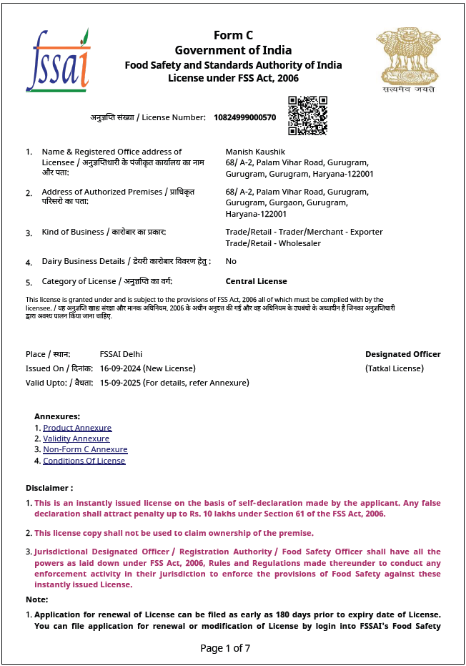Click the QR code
pos(307,115)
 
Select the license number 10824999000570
pos(244,117)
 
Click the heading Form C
pos(233,36)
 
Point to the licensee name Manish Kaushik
pos(255,152)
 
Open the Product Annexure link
pos(77,428)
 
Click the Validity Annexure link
pos(76,439)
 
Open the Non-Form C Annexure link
pos(85,449)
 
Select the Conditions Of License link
pos(84,461)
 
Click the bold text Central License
pos(256,281)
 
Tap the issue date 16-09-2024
pos(120,368)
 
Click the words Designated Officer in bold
pos(402,354)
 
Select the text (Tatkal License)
pos(394,368)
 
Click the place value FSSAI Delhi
pos(121,354)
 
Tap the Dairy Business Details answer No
pos(231,261)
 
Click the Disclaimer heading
pos(49,488)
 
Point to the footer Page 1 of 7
pos(225,648)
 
